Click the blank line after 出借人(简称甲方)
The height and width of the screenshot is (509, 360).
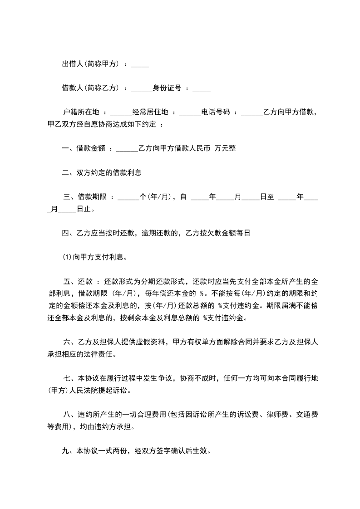[139, 65]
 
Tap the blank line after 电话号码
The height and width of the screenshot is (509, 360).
[252, 113]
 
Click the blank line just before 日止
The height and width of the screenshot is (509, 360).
[67, 210]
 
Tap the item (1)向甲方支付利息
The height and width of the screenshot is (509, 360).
[94, 257]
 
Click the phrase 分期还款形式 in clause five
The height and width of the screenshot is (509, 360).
[165, 281]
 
